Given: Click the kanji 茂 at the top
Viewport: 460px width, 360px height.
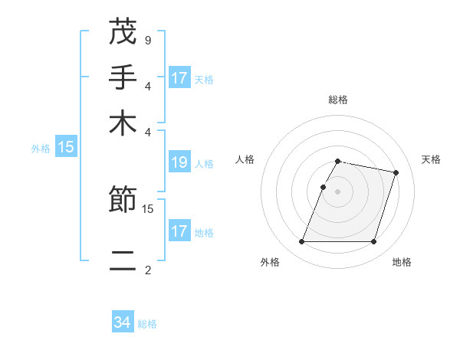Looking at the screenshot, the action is [x=123, y=32].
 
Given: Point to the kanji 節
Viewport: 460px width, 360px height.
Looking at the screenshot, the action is [x=123, y=201].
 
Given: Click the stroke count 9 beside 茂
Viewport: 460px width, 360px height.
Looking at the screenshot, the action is [x=147, y=40].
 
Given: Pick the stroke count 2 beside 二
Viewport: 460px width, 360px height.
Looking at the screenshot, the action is [x=147, y=270].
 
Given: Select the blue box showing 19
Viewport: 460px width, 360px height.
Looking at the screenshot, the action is [x=179, y=162].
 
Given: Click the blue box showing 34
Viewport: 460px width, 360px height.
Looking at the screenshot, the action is [x=123, y=322].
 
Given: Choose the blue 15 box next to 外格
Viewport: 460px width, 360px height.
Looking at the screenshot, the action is [x=66, y=148].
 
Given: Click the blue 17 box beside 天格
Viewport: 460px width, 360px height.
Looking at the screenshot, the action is [x=179, y=78].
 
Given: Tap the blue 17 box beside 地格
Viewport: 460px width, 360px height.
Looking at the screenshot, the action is [x=179, y=231].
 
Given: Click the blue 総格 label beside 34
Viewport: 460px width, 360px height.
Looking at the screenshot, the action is [x=147, y=324].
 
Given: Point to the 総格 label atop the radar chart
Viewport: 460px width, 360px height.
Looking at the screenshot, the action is [x=337, y=100].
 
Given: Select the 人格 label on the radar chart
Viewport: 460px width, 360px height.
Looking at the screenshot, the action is [x=245, y=159].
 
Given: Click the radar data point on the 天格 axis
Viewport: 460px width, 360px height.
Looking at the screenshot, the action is [x=396, y=172].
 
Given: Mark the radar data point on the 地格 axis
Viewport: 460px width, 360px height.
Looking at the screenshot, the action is [x=373, y=242].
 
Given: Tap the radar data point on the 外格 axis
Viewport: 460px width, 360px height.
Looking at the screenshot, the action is [x=301, y=242].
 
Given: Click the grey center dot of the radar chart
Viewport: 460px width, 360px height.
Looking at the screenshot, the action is [x=337, y=191].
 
